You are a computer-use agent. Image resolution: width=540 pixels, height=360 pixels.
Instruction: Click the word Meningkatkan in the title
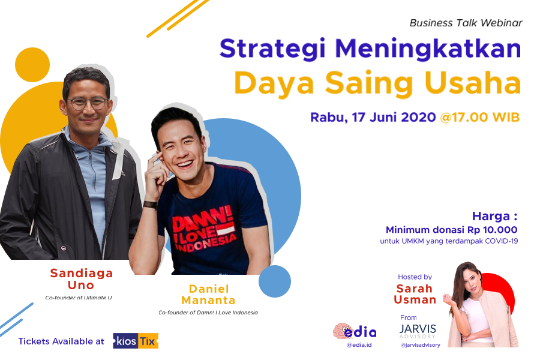428,50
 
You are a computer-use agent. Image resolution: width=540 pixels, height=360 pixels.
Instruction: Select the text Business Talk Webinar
466,23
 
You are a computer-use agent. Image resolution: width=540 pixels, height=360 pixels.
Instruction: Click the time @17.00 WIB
480,117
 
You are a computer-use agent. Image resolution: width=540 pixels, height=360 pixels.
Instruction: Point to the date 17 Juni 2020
394,117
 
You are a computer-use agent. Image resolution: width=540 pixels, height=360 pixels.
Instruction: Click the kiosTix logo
136,341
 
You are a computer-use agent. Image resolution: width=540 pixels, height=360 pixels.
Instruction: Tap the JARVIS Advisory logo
418,331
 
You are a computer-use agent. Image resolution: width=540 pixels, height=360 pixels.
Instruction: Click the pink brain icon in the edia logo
341,331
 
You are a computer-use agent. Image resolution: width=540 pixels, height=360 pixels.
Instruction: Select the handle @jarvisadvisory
421,345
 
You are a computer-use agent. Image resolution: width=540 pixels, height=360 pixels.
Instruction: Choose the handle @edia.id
359,345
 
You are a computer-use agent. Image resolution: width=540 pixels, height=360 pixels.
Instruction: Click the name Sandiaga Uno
81,279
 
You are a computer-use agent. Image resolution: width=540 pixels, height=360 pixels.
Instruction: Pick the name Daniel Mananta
208,295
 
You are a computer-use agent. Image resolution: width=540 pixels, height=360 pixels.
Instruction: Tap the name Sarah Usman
415,294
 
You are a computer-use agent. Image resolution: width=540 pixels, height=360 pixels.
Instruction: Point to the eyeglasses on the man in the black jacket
88,103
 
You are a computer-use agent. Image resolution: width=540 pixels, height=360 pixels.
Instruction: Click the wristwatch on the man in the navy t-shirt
151,205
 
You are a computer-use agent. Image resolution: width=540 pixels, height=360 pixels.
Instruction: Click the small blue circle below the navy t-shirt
274,281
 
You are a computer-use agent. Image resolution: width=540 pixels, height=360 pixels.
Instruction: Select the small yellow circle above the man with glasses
32,65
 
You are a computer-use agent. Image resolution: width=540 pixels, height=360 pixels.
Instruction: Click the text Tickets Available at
61,341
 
